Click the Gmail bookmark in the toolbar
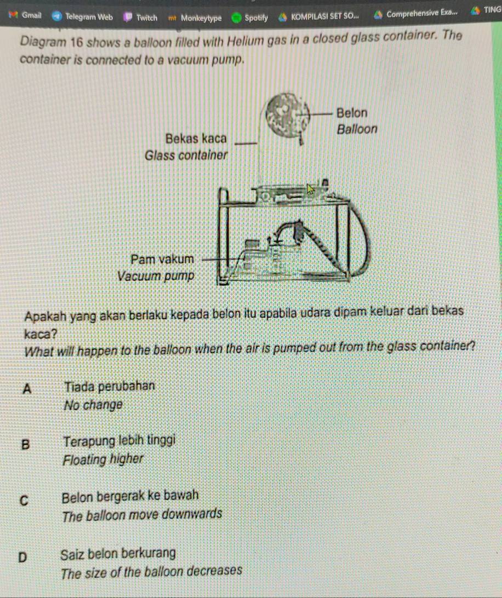click(x=27, y=15)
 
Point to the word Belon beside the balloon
click(x=352, y=113)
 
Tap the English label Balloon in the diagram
click(x=358, y=130)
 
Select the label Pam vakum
click(x=162, y=258)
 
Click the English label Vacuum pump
click(x=156, y=275)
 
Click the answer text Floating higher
click(x=104, y=459)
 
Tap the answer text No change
click(x=93, y=406)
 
